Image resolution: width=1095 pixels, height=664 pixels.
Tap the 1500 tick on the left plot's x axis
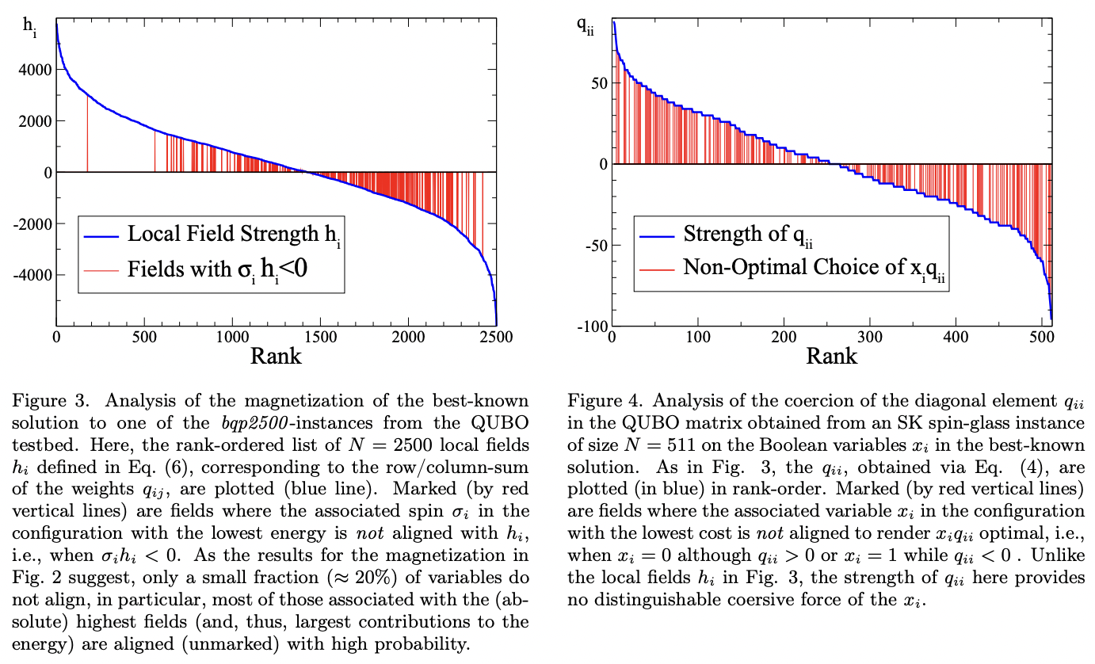click(x=320, y=337)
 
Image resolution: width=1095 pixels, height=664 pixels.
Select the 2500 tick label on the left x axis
click(x=496, y=337)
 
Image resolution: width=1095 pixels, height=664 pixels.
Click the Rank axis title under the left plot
click(x=276, y=356)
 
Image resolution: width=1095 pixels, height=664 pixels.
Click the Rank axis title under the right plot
click(x=831, y=356)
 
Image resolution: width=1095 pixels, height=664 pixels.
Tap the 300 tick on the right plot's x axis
click(x=870, y=337)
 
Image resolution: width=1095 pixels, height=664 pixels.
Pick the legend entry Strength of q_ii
click(x=746, y=234)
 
